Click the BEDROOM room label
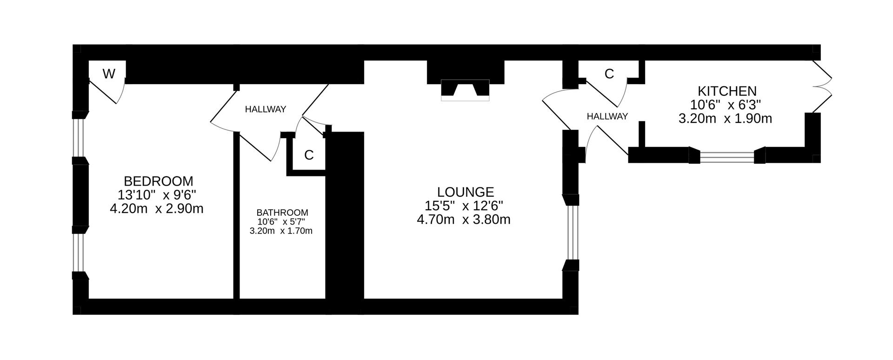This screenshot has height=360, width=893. (158, 181)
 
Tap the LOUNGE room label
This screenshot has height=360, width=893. (465, 192)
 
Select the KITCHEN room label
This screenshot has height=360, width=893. (727, 91)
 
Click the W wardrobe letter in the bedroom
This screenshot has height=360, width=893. (108, 73)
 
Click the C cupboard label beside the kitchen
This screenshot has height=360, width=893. (609, 73)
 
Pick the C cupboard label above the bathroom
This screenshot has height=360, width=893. (308, 155)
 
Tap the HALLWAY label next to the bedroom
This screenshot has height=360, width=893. (265, 109)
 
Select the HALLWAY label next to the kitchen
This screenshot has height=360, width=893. (607, 116)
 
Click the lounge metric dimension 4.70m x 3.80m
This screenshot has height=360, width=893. (463, 219)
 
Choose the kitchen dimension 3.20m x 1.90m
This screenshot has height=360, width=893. (725, 119)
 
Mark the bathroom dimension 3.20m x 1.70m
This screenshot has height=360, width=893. (281, 231)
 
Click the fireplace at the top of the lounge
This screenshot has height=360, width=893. (465, 90)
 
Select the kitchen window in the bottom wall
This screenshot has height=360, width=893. (727, 157)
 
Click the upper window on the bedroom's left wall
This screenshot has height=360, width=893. (80, 138)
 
